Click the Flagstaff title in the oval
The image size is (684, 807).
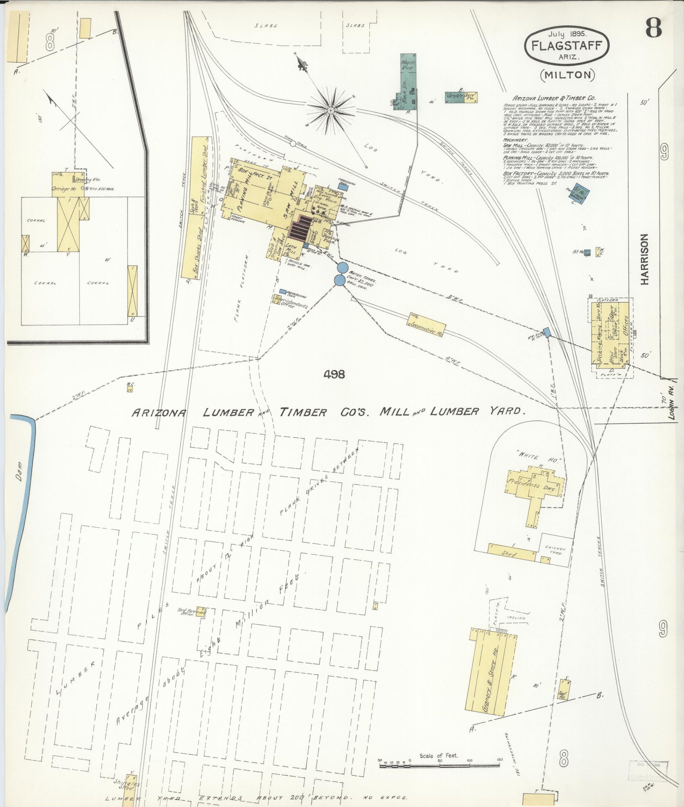(566, 46)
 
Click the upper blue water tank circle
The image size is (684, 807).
(342, 267)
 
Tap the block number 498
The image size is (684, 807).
(334, 374)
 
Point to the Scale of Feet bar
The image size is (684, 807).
(439, 765)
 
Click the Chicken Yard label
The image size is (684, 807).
(555, 550)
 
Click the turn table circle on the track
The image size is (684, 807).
(293, 143)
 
